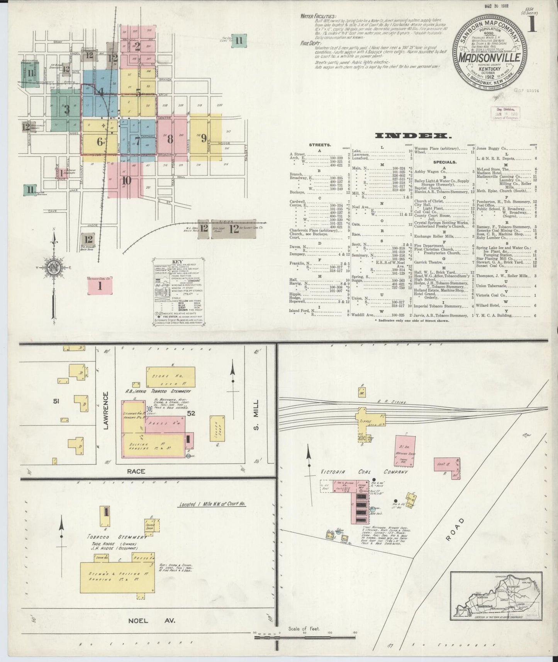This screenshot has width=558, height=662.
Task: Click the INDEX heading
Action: tap(414, 136)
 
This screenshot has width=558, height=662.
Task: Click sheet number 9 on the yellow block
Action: tap(204, 138)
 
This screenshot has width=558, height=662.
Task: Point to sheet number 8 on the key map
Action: tap(170, 139)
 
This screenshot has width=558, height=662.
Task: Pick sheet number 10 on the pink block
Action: tap(126, 180)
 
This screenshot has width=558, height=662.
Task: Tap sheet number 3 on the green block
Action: tap(67, 109)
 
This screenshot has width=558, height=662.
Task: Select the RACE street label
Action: tap(136, 471)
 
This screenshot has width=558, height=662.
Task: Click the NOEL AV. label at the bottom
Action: tap(151, 620)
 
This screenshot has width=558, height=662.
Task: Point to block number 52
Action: tap(191, 413)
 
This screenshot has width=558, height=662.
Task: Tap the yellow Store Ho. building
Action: tap(170, 376)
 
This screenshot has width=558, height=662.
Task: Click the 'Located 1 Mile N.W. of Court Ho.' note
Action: tap(212, 504)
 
